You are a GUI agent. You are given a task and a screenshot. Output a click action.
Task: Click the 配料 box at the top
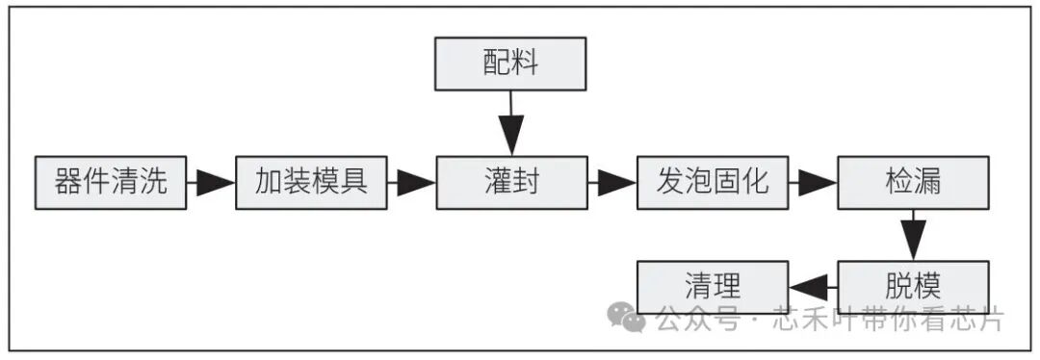tap(510, 64)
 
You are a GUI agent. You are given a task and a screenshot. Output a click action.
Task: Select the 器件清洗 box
tap(110, 182)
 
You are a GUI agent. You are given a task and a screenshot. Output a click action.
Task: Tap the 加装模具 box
tap(310, 182)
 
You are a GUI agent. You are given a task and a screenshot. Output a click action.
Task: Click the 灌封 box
tap(510, 182)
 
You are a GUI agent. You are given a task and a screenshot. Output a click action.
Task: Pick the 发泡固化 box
tap(712, 182)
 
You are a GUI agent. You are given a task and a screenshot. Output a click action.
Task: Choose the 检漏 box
tap(912, 182)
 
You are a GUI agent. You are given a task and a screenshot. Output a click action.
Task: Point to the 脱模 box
tap(912, 286)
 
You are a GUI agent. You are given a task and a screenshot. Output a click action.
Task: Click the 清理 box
tap(712, 286)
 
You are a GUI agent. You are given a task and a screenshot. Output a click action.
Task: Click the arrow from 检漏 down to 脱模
tap(912, 234)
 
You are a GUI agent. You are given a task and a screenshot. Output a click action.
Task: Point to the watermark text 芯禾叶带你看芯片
tap(887, 319)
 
